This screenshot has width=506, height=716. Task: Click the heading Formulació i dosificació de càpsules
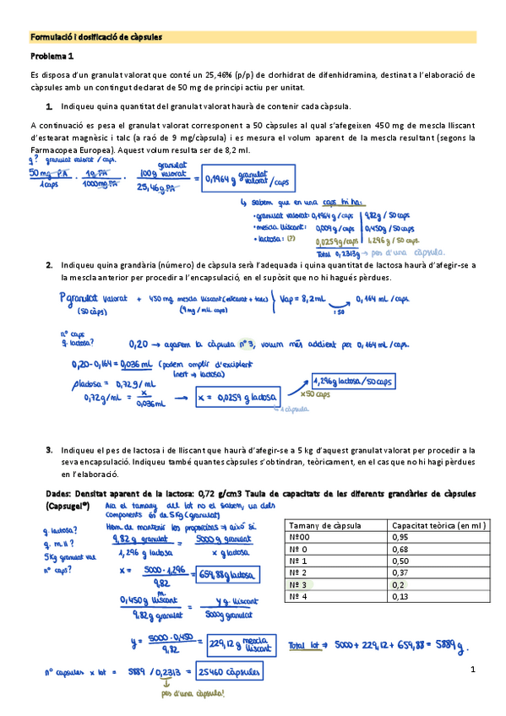95,37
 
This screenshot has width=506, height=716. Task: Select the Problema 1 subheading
52,57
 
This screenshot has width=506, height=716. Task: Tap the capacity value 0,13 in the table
400,596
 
